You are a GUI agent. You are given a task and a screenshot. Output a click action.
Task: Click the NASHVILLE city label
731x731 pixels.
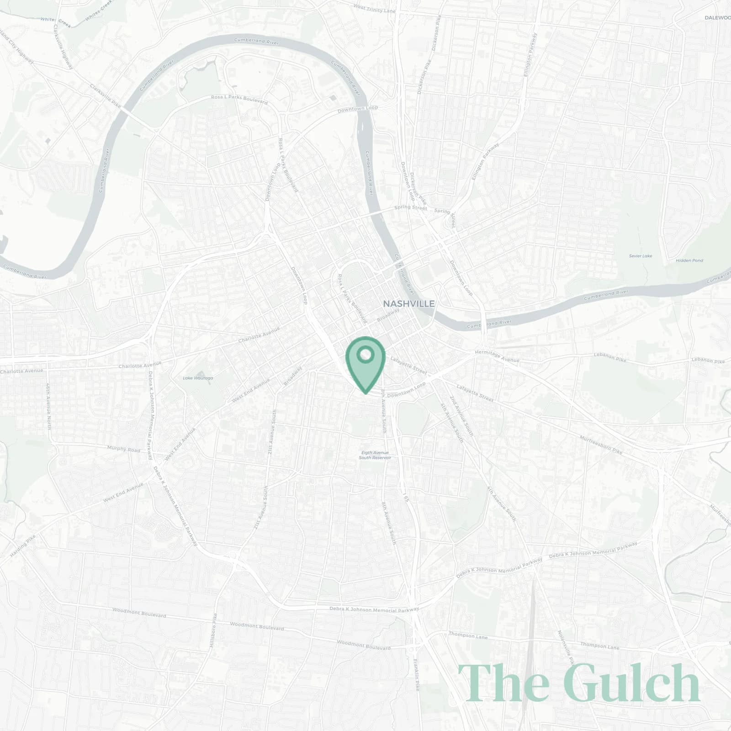click(408, 304)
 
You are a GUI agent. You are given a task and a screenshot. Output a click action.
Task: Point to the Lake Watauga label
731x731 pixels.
click(198, 378)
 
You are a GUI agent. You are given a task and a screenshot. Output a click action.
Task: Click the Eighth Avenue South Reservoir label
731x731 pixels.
click(375, 455)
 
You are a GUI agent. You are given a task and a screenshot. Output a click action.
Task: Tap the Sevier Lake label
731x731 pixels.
click(641, 256)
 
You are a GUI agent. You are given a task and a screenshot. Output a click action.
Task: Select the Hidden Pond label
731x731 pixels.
click(689, 260)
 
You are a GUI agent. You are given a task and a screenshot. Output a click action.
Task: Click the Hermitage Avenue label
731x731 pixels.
click(497, 356)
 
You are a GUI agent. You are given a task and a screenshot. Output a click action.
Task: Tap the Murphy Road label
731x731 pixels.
click(123, 449)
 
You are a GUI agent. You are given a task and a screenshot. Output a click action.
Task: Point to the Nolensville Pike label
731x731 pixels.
click(565, 647)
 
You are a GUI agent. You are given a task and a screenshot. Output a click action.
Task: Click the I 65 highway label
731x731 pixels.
click(405, 497)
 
